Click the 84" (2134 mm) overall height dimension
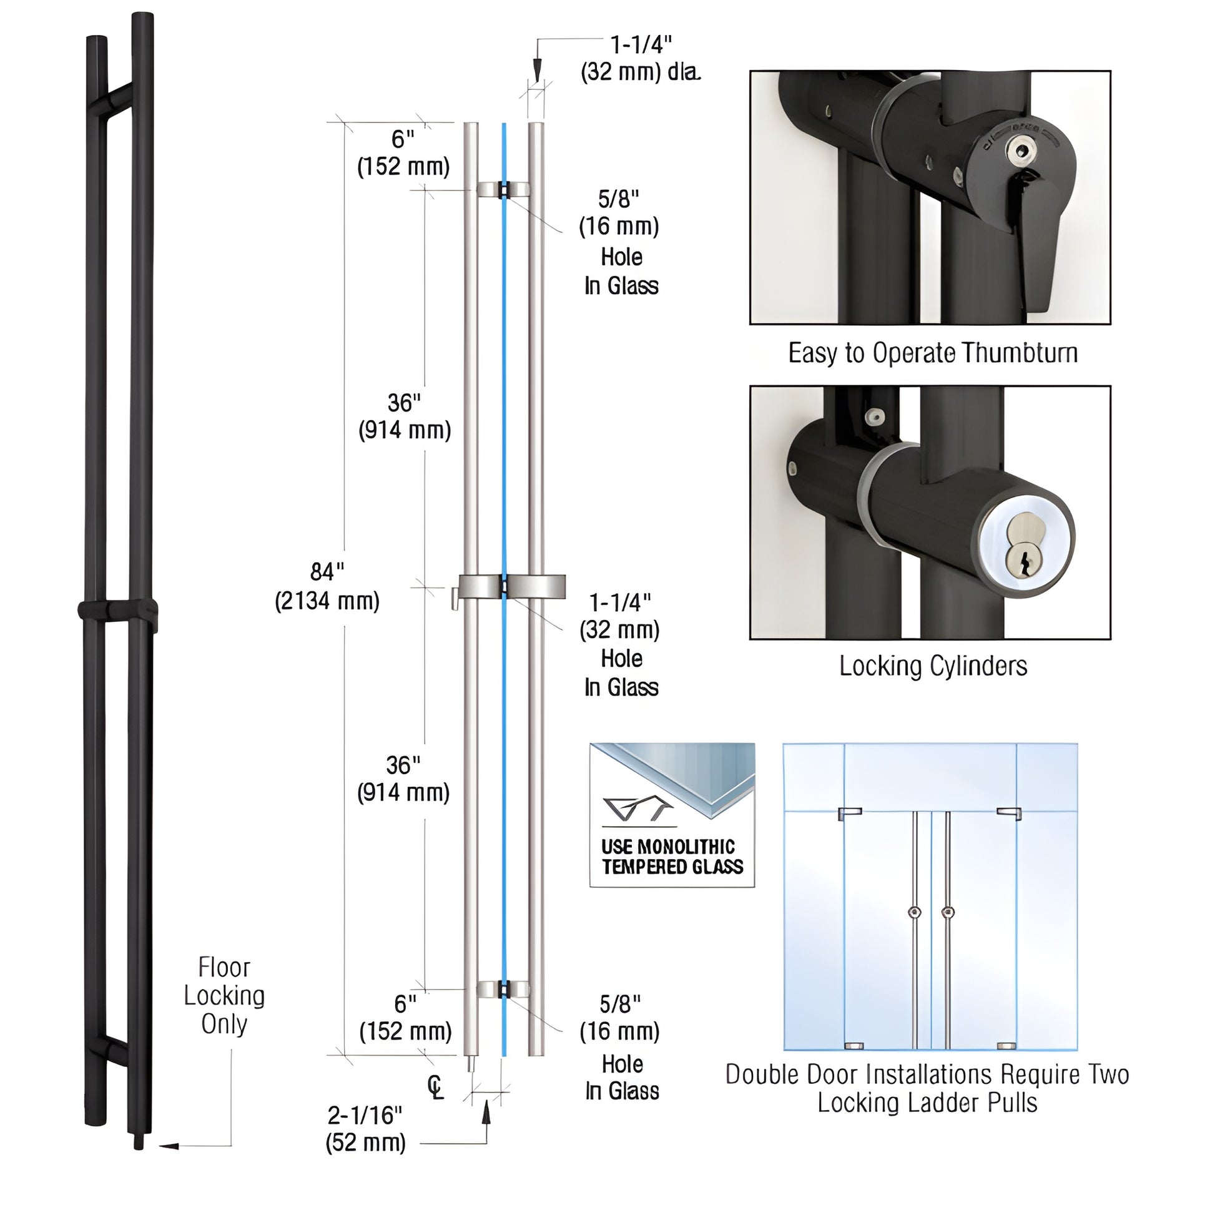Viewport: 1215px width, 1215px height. (x=327, y=586)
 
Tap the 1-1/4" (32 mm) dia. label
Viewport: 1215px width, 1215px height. (x=640, y=59)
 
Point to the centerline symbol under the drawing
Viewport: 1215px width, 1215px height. (x=435, y=1088)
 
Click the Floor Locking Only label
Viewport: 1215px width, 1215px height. (x=224, y=995)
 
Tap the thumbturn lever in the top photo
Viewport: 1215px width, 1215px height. (x=1038, y=252)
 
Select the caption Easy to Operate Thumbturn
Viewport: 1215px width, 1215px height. (x=933, y=353)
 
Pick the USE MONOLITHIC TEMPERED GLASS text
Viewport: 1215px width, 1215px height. (x=672, y=857)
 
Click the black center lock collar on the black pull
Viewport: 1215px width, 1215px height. (x=117, y=609)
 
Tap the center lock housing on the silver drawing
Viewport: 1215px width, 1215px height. (x=511, y=586)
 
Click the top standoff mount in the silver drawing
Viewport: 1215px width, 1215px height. (x=503, y=189)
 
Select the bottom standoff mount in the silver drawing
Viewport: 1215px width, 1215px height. (x=503, y=989)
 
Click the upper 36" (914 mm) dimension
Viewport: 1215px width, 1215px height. (x=405, y=416)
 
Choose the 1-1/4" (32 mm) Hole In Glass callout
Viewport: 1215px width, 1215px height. (x=620, y=644)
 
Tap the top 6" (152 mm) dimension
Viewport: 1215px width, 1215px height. (x=403, y=153)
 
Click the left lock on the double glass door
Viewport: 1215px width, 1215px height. (x=915, y=912)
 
